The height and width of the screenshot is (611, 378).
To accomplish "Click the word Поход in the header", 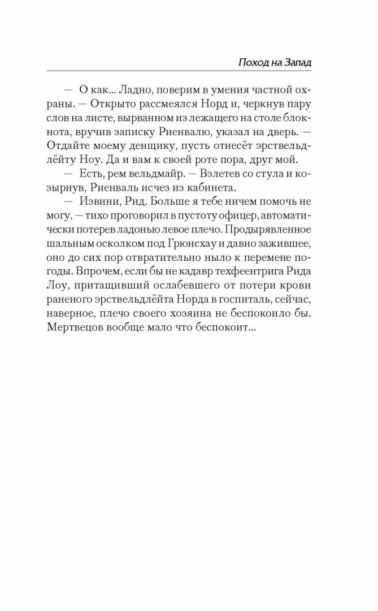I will (x=250, y=62).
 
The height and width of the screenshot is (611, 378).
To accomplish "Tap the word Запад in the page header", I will (x=297, y=62).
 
